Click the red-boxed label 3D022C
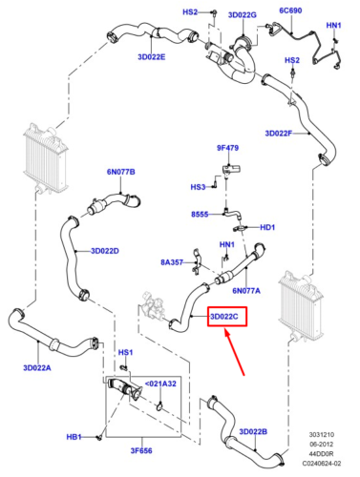point(228,316)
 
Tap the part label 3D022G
point(243,15)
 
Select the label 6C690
point(292,10)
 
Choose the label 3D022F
point(285,133)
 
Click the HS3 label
point(199,187)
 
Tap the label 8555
point(200,215)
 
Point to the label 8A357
point(173,261)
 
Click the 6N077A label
point(247,290)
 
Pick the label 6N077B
point(121,172)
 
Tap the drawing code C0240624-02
point(323,466)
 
